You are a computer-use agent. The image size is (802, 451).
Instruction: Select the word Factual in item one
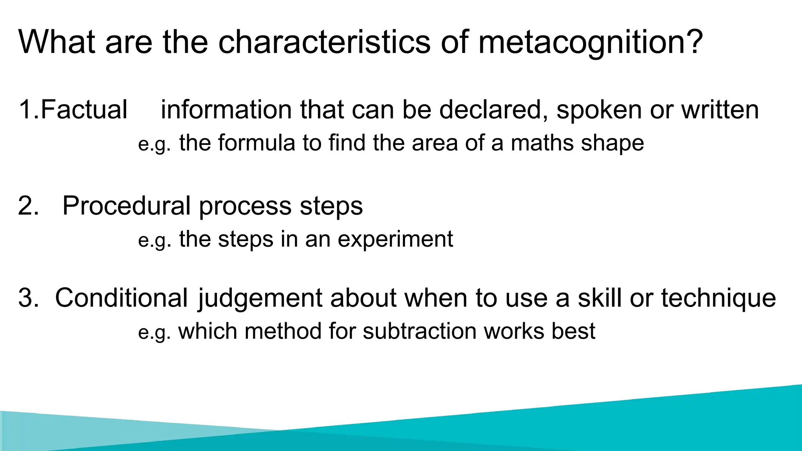coord(84,110)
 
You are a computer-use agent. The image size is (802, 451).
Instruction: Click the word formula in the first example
coord(256,143)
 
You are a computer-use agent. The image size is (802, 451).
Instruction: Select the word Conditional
coord(121,298)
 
